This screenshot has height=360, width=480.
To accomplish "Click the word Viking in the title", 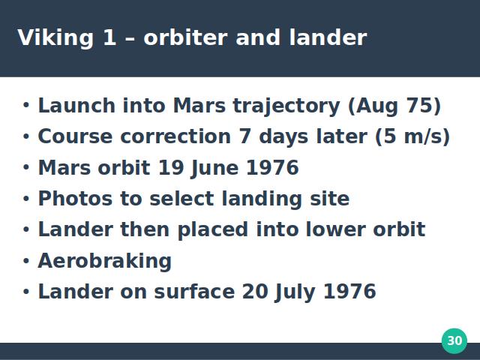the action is tap(55, 38).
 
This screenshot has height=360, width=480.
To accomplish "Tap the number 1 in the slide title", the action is tap(109, 37).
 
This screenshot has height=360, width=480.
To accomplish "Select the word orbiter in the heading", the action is tap(185, 37).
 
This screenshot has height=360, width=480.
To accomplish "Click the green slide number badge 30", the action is tap(454, 340).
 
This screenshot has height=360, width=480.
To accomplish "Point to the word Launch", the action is tap(76, 106).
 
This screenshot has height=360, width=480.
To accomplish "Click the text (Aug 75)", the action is tap(394, 106).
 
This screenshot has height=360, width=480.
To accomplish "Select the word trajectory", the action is tap(286, 106).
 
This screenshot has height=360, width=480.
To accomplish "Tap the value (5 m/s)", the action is tap(412, 136).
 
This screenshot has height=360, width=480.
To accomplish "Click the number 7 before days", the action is tap(245, 136).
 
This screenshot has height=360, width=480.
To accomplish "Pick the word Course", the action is tap(75, 136).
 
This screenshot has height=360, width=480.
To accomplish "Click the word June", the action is tap(214, 168).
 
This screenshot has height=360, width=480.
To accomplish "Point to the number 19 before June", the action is tap(171, 168).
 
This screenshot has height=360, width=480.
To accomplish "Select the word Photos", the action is tap(75, 199).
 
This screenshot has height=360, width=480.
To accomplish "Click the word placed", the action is tap(212, 230).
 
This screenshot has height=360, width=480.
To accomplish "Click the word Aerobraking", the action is tap(105, 262).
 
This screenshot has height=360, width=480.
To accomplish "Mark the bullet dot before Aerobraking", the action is tap(26, 261).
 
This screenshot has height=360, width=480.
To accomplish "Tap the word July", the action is tap(295, 292).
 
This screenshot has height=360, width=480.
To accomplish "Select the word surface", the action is tap(194, 292).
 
